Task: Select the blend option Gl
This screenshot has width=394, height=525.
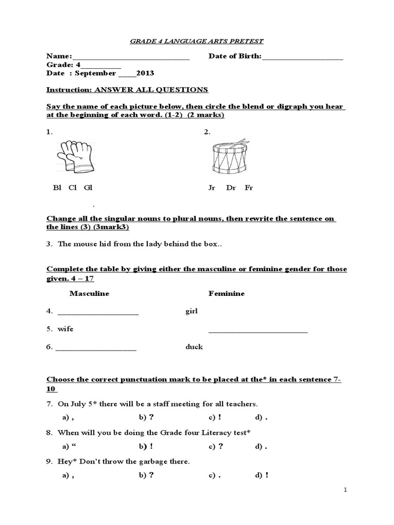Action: click(88, 188)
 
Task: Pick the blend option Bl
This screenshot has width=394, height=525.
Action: click(57, 188)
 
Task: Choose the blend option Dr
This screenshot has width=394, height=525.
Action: click(231, 188)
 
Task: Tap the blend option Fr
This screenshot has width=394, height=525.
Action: click(249, 188)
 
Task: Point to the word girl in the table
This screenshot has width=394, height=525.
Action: click(191, 311)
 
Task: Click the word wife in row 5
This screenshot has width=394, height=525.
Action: click(65, 329)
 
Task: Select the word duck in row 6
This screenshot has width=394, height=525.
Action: click(194, 347)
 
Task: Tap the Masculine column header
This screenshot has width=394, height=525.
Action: click(89, 293)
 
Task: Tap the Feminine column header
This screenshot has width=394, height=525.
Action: click(226, 293)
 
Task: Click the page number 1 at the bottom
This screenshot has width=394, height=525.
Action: click(346, 490)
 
